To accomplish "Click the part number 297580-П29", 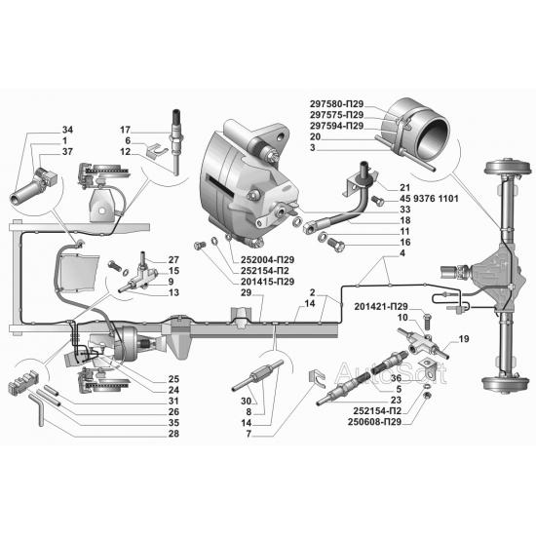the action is (x=336, y=104).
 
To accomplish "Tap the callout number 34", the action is (x=67, y=130).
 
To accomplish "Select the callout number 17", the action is (x=125, y=130).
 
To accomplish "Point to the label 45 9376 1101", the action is (x=429, y=198).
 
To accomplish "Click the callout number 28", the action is (x=173, y=434).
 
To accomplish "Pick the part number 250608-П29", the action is (x=374, y=422).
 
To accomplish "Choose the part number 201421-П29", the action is (x=381, y=306).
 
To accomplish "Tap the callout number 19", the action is (x=464, y=339).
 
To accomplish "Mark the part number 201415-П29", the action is (x=267, y=282).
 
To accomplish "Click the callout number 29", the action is (x=246, y=292).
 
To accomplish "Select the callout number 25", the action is (x=173, y=379).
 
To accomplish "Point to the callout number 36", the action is (x=397, y=378).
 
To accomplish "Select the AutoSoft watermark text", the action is (x=391, y=372).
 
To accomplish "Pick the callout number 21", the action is (x=405, y=187).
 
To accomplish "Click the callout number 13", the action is (x=173, y=292).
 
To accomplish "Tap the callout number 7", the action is (x=249, y=434).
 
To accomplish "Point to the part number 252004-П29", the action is (x=267, y=260).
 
